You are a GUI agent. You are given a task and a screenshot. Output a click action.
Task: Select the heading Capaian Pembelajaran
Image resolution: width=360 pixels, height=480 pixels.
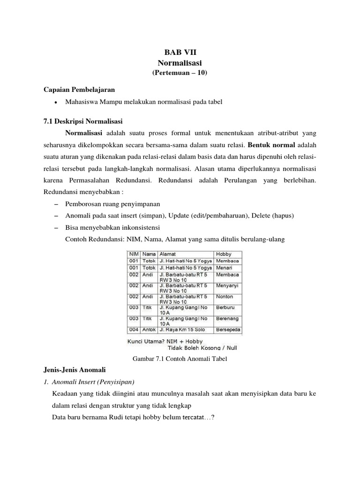[x=79, y=90]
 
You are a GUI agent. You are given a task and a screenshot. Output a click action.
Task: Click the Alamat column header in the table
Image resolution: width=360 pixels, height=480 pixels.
[x=169, y=254]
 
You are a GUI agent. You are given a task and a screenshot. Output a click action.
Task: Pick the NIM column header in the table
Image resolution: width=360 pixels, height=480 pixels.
[x=134, y=254]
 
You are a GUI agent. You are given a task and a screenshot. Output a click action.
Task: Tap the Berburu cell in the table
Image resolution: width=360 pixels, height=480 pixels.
[x=226, y=308]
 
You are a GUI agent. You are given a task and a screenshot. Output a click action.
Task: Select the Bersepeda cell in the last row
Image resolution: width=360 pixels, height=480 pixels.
[x=228, y=330]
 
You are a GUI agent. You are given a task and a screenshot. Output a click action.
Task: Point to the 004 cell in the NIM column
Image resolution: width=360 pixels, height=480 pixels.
[x=135, y=330]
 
